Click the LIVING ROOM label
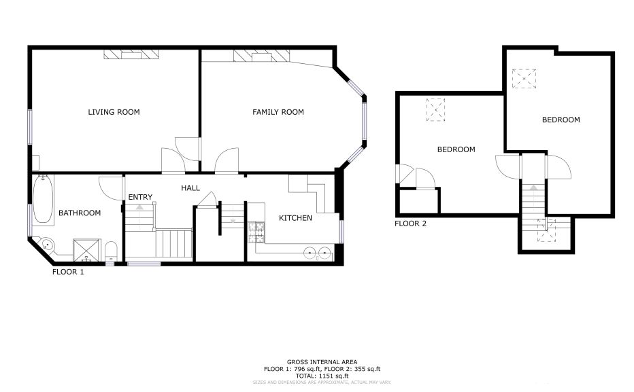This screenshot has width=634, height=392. coord(114,112)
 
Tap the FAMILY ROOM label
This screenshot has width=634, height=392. coord(278,112)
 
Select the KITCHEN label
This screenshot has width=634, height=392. coord(295,218)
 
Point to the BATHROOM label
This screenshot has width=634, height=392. coord(80,213)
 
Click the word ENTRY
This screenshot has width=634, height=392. coord(140,198)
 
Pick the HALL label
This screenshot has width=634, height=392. coord(190,188)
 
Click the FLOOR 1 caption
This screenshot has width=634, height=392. coord(68,272)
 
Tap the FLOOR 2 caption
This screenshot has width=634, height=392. coord(410,224)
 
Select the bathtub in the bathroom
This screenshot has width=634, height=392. coord(43,200)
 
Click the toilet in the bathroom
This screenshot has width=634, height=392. coord(111,251)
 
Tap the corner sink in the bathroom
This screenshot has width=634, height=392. coord(48,245)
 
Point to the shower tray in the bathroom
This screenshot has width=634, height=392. coord(86,250)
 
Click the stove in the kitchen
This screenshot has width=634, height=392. coord(256,232)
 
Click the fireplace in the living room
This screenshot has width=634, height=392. coord(131,54)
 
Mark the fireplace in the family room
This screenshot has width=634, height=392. coord(262,56)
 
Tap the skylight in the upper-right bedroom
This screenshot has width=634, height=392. coord(524,79)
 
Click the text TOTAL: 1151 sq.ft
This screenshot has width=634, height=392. coord(322,376)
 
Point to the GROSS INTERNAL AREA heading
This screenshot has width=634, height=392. coord(322,362)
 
